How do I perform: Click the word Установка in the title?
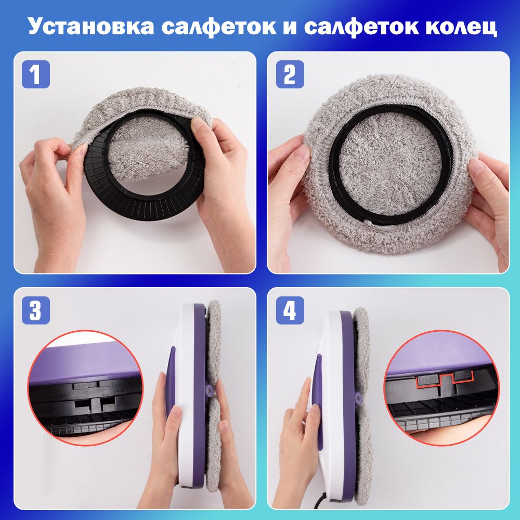coord(91,27)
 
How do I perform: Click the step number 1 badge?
coord(36,74)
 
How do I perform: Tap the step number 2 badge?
coord(290,74)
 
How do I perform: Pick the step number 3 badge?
coord(36,310)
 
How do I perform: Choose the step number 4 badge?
coord(290,310)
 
